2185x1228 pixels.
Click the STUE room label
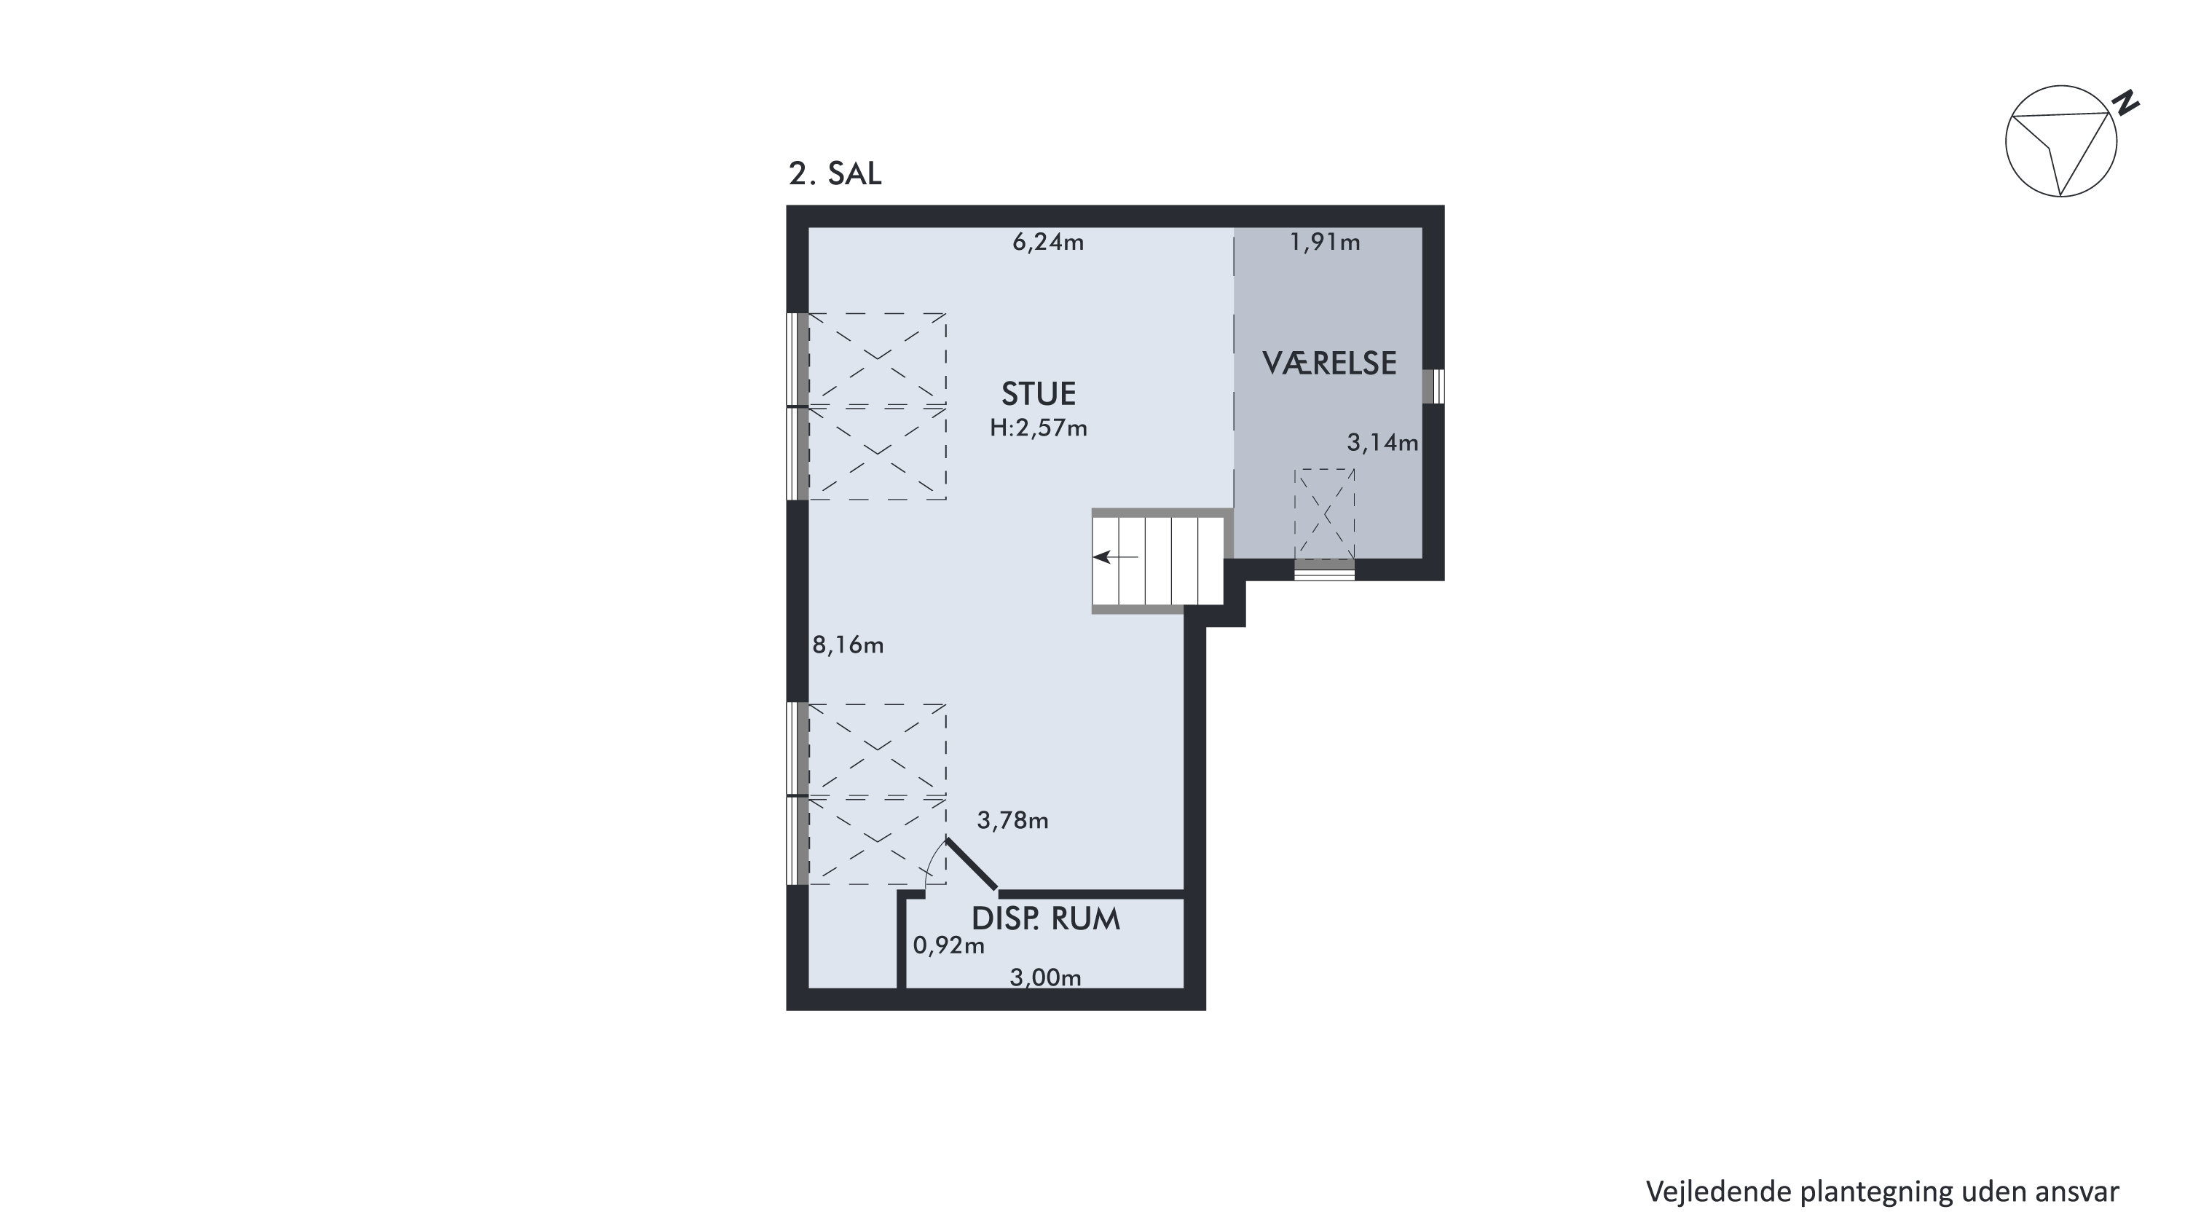pyautogui.click(x=1038, y=394)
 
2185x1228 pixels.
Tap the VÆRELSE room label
pyautogui.click(x=1329, y=363)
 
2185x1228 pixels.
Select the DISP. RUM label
pyautogui.click(x=1045, y=919)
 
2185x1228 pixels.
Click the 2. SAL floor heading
pyautogui.click(x=835, y=173)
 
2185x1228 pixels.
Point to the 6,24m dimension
pyautogui.click(x=1048, y=243)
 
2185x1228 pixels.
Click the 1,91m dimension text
pyautogui.click(x=1325, y=243)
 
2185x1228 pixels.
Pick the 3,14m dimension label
pyautogui.click(x=1382, y=443)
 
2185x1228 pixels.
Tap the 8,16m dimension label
pyautogui.click(x=849, y=645)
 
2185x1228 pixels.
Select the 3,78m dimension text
pyautogui.click(x=1013, y=820)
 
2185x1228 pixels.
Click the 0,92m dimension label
pyautogui.click(x=948, y=945)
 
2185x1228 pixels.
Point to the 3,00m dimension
pyautogui.click(x=1045, y=978)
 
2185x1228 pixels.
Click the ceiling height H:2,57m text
pyautogui.click(x=1038, y=428)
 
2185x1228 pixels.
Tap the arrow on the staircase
pyautogui.click(x=1115, y=557)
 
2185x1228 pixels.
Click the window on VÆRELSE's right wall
pyautogui.click(x=1433, y=387)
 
